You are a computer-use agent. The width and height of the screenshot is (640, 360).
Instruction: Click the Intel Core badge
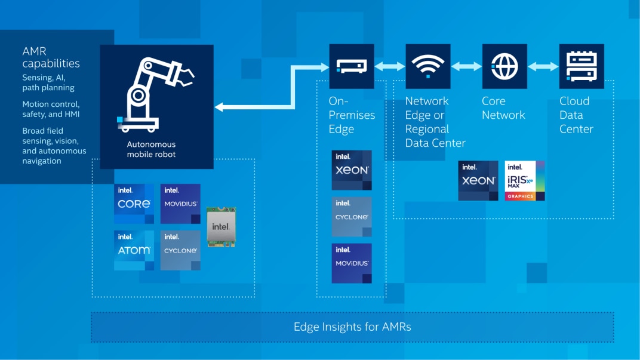pyautogui.click(x=134, y=204)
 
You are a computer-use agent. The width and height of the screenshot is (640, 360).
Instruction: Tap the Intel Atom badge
pyautogui.click(x=134, y=250)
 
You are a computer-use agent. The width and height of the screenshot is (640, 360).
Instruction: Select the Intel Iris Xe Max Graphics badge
pyautogui.click(x=525, y=180)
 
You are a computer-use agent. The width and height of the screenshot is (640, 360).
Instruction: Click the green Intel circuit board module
pyautogui.click(x=221, y=227)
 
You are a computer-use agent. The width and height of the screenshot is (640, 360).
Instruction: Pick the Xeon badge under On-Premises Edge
pyautogui.click(x=352, y=170)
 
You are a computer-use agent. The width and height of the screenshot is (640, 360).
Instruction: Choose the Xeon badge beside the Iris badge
pyautogui.click(x=478, y=180)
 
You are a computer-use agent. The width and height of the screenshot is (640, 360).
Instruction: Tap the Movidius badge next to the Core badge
pyautogui.click(x=180, y=204)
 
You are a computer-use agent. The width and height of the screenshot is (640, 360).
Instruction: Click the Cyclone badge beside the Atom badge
pyautogui.click(x=180, y=250)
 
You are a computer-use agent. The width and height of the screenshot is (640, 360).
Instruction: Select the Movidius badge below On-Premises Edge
pyautogui.click(x=352, y=263)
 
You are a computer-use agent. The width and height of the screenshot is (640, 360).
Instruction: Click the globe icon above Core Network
pyautogui.click(x=504, y=66)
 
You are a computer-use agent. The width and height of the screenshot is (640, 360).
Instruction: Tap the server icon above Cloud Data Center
pyautogui.click(x=581, y=66)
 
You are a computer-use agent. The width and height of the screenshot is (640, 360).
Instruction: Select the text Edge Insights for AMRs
pyautogui.click(x=352, y=327)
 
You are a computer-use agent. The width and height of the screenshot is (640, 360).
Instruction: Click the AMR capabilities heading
pyautogui.click(x=51, y=57)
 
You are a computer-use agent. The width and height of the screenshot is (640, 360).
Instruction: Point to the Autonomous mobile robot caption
pyautogui.click(x=151, y=149)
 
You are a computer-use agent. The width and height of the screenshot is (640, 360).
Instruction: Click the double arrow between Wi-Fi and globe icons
pyautogui.click(x=466, y=66)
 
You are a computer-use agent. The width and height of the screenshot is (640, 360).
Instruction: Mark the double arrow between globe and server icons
pyautogui.click(x=543, y=66)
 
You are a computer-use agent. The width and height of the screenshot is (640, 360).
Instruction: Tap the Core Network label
pyautogui.click(x=503, y=107)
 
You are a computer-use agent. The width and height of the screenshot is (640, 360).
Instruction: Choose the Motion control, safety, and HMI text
pyautogui.click(x=51, y=109)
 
